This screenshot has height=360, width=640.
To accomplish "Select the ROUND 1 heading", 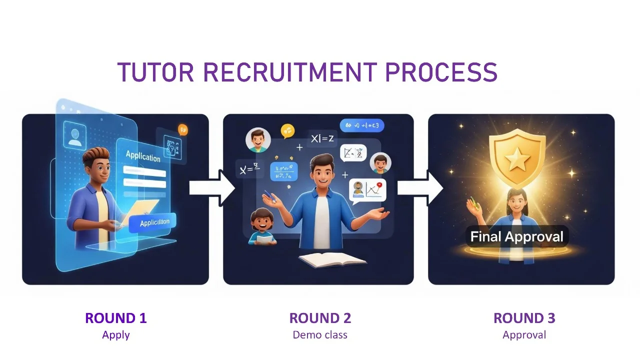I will click(116, 318).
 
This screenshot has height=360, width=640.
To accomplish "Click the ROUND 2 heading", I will click(320, 318).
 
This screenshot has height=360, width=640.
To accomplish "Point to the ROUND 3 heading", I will click(524, 318).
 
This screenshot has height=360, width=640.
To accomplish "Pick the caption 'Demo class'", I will click(320, 334).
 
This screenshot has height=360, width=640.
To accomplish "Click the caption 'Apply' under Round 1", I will click(116, 334).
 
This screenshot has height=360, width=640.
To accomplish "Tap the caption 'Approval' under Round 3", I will click(524, 334).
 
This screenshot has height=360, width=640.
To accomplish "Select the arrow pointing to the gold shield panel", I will click(419, 187).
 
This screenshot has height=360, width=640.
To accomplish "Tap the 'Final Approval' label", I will click(516, 236).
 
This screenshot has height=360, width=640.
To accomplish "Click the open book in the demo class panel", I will click(332, 259).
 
